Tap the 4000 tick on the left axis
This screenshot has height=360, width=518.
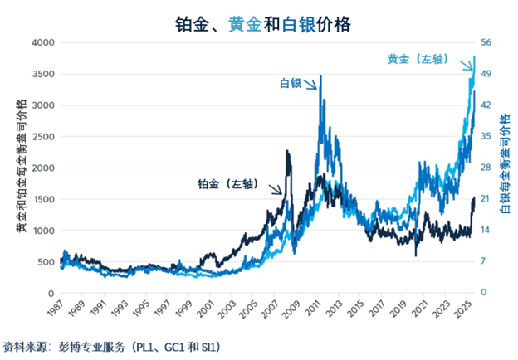[x=42, y=42]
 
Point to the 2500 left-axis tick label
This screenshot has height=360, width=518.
[x=42, y=137]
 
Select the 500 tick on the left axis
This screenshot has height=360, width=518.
[x=45, y=262]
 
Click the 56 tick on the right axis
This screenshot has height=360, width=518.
[x=487, y=42]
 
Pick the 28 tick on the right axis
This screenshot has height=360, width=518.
[x=487, y=168]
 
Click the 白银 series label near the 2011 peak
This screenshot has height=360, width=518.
[x=290, y=83]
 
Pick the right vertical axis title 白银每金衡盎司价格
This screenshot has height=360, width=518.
[x=505, y=165]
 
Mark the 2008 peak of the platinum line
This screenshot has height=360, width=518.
[x=287, y=151]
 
